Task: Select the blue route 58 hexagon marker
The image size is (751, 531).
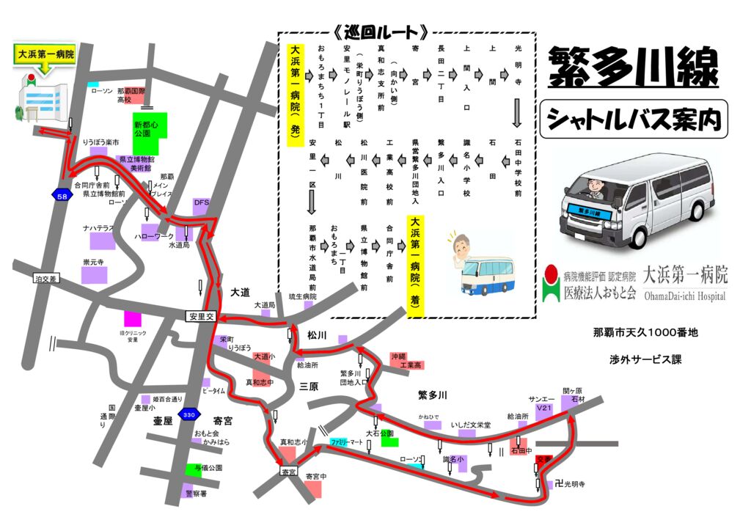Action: (x=62, y=196)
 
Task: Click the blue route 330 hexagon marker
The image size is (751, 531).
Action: (x=189, y=415)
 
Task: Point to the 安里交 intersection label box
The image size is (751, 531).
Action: (x=200, y=317)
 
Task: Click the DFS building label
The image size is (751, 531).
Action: (x=202, y=202)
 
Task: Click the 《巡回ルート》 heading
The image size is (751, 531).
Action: (x=381, y=32)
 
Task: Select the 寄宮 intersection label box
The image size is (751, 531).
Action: (x=288, y=472)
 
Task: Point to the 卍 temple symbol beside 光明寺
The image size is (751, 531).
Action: (x=560, y=484)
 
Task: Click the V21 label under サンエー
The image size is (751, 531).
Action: (x=543, y=408)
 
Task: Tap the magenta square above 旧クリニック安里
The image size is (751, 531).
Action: (x=132, y=319)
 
